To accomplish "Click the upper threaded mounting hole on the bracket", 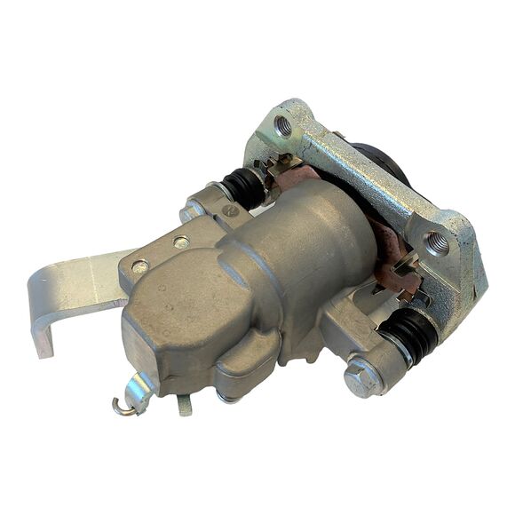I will (283, 125).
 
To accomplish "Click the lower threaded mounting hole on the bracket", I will (436, 241).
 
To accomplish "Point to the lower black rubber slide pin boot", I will (411, 335).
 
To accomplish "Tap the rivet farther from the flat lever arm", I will (180, 242).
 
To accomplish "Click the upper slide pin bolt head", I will (194, 211).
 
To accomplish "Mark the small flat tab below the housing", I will (185, 405).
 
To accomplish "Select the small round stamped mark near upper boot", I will (229, 211).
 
